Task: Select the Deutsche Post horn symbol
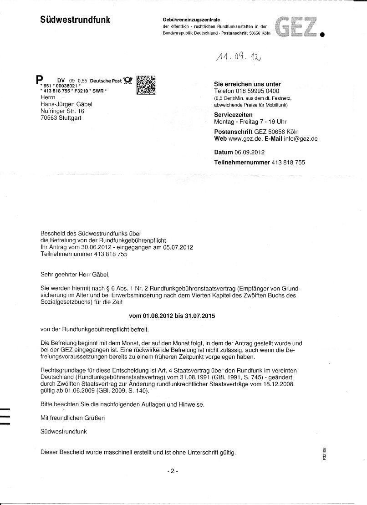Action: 127,81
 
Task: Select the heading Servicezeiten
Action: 233,115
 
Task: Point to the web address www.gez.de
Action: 243,138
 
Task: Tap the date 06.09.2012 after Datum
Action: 249,152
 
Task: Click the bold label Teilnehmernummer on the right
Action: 242,162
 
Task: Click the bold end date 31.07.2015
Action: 199,315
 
